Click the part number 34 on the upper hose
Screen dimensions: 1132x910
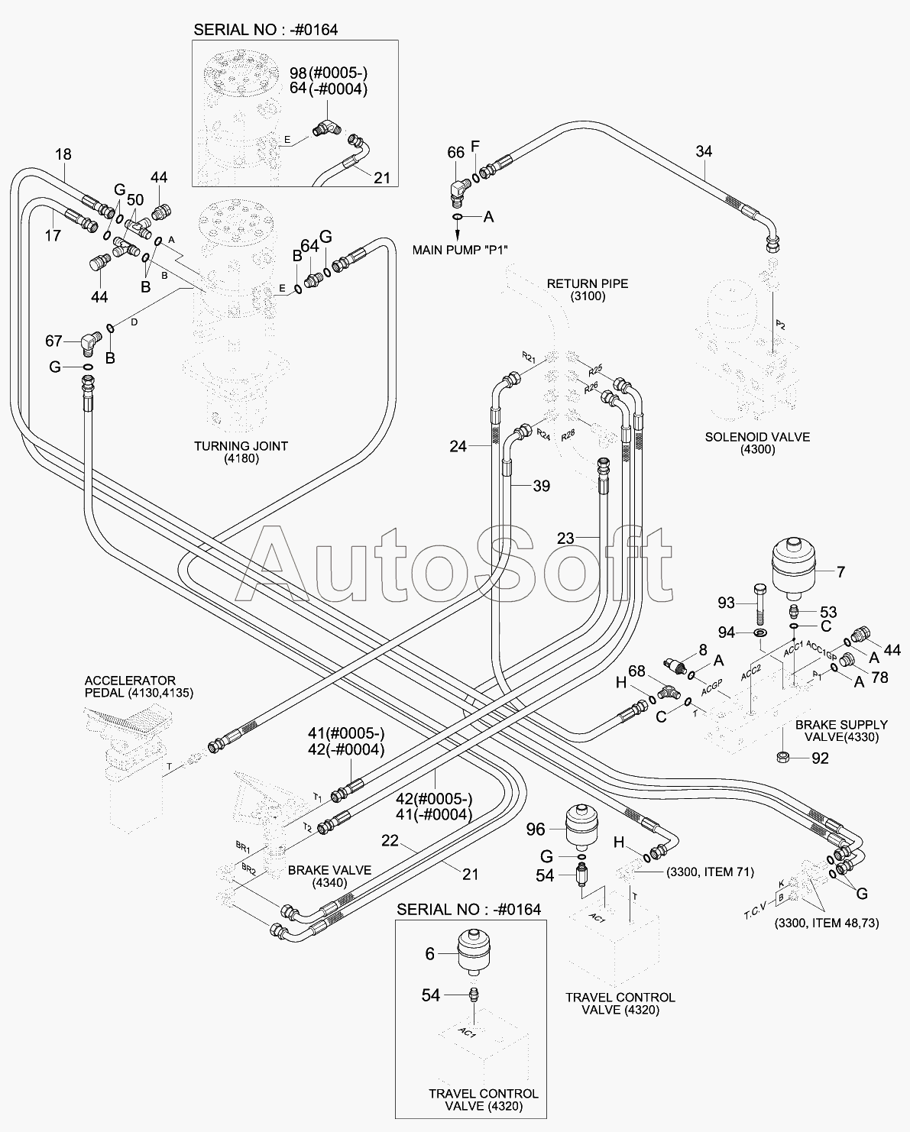pos(704,151)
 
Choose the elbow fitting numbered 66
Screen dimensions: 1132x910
pos(461,188)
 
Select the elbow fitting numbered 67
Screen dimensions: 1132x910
pos(89,342)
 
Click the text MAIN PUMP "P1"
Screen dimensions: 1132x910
pos(460,250)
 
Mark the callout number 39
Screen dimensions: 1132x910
pos(541,486)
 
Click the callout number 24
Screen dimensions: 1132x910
pos(458,446)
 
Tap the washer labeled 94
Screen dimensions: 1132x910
pos(760,633)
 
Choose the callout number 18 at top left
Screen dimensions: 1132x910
pos(63,154)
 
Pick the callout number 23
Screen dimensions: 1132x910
pos(565,538)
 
